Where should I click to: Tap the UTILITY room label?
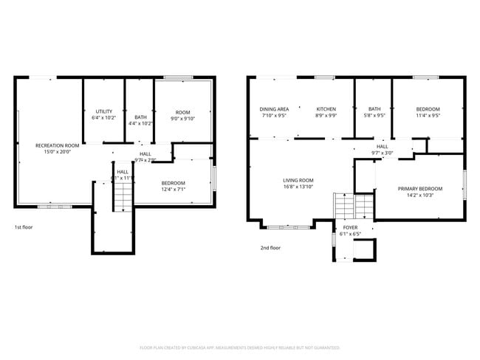103,111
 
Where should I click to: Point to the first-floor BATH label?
140,117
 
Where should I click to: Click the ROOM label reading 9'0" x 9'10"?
182,111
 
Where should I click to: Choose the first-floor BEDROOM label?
174,182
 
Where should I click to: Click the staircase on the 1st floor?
122,197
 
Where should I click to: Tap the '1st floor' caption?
24,227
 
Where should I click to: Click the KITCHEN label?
326,109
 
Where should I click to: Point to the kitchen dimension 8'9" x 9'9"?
326,116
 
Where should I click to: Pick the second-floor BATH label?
375,109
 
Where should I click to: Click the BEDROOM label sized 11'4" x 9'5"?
428,109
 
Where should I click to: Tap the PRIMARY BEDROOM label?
420,188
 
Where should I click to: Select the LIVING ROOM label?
298,180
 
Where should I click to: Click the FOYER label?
349,228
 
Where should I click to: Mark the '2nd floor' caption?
270,248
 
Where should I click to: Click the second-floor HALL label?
383,146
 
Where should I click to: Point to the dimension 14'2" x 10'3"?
420,195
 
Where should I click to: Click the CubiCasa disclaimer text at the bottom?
240,347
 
